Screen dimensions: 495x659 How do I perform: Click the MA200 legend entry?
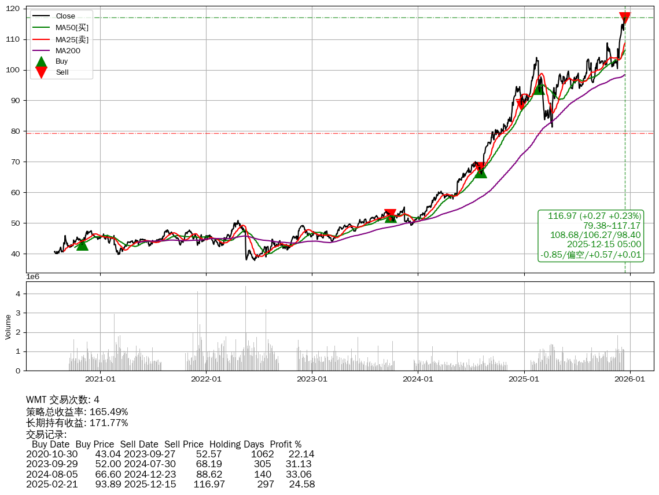[68, 50]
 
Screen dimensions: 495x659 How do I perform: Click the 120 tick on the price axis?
[14, 9]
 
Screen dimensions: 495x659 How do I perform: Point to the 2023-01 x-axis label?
[312, 379]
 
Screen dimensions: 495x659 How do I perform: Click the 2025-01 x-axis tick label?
[524, 379]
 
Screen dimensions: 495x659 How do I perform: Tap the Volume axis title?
[8, 327]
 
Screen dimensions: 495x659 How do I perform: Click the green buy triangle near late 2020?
[82, 245]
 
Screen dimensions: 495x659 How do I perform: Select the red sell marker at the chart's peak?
[625, 18]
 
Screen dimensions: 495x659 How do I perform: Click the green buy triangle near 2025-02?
[539, 89]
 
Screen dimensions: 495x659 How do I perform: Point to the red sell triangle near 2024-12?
[521, 104]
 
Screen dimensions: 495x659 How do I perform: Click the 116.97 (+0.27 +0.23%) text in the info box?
[594, 216]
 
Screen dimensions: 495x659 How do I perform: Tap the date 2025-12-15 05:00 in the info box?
[604, 244]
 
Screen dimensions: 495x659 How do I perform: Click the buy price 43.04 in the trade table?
[108, 454]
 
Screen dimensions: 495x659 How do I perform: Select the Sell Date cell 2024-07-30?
[150, 464]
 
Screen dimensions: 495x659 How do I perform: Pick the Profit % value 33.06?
[299, 474]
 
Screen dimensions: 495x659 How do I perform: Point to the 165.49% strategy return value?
[109, 412]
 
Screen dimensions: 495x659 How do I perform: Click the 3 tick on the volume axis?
[18, 313]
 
